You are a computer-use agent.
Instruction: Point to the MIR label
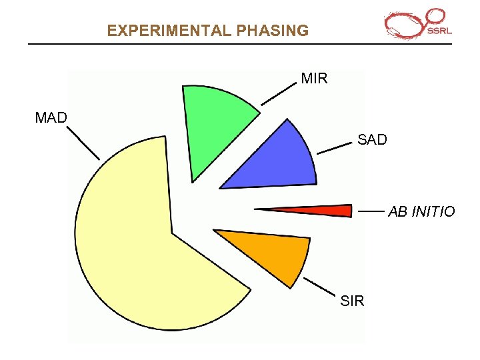pyautogui.click(x=314, y=79)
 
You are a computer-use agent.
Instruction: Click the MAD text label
pyautogui.click(x=51, y=118)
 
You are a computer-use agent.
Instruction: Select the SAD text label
pyautogui.click(x=372, y=140)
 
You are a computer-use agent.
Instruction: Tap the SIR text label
pyautogui.click(x=352, y=301)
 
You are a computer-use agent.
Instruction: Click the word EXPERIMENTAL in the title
pyautogui.click(x=167, y=31)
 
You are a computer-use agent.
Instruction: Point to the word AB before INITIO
pyautogui.click(x=397, y=212)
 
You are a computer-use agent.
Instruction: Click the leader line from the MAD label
pyautogui.click(x=84, y=144)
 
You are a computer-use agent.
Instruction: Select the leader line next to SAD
pyautogui.click(x=334, y=148)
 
